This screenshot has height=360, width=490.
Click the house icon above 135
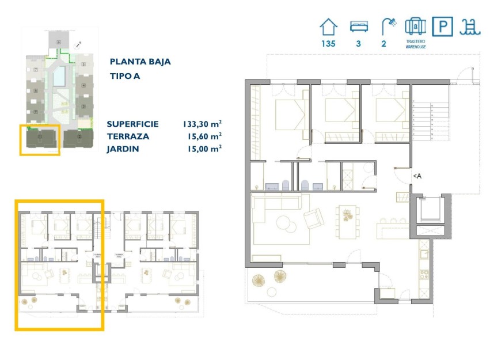pos(328,27)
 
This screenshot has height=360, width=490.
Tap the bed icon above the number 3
pos(358,27)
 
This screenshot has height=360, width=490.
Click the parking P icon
pos(443,27)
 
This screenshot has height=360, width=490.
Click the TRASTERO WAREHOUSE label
pos(414,44)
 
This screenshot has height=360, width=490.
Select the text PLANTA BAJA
pos(140,62)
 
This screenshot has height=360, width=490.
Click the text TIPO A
pos(125,76)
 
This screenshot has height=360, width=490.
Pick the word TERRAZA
pos(128,137)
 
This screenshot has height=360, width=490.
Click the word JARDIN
pos(123,149)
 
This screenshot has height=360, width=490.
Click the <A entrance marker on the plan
pos(417,176)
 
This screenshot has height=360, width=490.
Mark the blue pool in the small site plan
pos(59,77)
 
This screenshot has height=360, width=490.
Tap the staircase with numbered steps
pos(430,120)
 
